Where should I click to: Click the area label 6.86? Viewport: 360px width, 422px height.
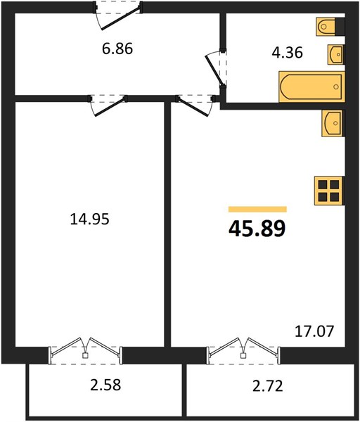pos(117,49)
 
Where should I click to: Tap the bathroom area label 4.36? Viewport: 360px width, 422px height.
pos(287,53)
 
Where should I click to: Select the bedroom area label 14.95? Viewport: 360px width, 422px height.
pos(89,219)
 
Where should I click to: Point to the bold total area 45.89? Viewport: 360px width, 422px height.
pos(257,229)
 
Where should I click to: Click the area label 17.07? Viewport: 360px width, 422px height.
pos(314,331)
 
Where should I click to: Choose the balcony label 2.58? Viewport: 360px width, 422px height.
pos(105,385)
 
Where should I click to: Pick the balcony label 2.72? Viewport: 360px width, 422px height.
pos(268,386)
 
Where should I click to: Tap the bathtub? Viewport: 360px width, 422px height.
pos(312,87)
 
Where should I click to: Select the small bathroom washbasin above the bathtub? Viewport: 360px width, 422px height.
pos(336,54)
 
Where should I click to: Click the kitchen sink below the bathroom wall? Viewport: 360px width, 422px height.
pos(333,123)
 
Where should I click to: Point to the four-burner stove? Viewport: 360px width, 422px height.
pos(330,191)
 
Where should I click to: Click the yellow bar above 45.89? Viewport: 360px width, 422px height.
pos(257,209)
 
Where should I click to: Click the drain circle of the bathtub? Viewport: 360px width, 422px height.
pos(336,87)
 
